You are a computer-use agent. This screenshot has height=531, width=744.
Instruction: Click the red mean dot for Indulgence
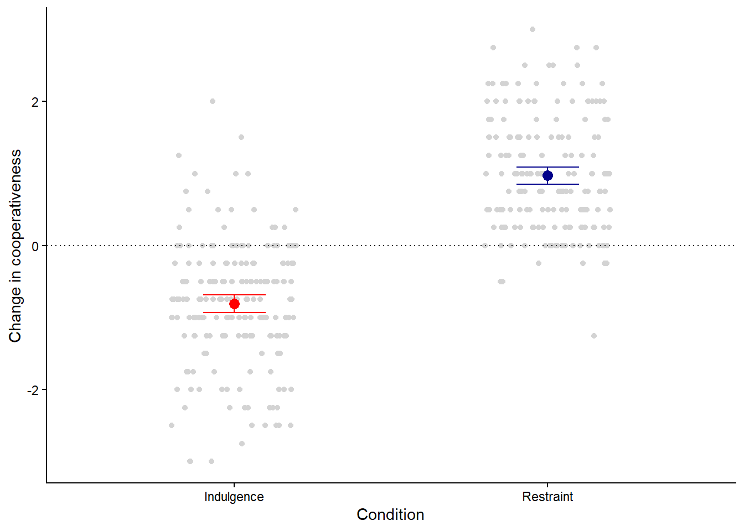point(234,304)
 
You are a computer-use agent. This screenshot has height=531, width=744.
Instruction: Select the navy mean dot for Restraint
point(547,175)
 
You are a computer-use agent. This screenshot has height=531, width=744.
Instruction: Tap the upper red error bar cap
point(234,295)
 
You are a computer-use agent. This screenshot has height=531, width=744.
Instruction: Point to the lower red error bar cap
point(234,313)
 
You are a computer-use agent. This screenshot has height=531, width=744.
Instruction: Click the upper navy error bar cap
point(547,167)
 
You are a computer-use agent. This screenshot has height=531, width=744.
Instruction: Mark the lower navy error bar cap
point(547,184)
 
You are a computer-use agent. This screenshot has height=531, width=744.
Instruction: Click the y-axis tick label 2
point(35,102)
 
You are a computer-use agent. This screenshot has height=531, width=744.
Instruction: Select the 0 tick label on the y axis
point(35,246)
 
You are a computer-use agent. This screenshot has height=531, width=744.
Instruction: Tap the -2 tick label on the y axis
point(33,390)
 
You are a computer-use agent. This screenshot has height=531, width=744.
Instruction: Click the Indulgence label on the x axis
point(234,497)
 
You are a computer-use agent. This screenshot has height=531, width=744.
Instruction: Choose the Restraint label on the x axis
point(547,497)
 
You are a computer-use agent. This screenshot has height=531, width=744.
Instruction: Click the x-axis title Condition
point(390,514)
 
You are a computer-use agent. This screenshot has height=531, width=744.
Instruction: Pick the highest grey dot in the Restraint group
point(533,29)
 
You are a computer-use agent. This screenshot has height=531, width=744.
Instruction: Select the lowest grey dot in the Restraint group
point(594,336)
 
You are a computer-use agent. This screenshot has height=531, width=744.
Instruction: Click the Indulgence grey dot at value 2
point(213,101)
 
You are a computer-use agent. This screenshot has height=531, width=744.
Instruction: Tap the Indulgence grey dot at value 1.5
point(241,137)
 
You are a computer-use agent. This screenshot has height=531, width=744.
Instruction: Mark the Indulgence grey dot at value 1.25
point(179,155)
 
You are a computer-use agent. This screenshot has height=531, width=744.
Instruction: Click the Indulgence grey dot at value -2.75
point(242,444)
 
